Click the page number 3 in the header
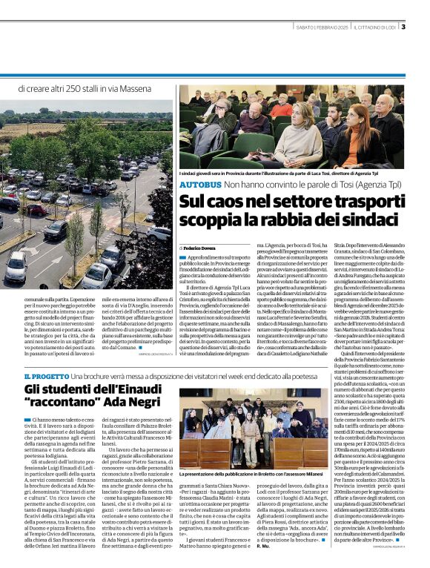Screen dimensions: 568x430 tap(423, 27)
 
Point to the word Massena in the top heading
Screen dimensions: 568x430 tap(153, 90)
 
